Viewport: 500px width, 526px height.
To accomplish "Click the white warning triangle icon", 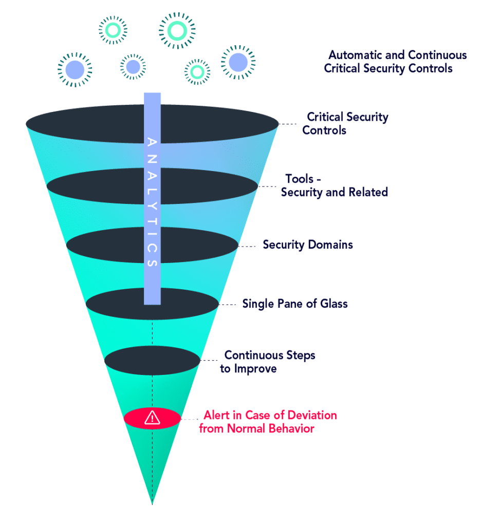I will (x=152, y=418).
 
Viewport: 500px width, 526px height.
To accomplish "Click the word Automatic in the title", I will (x=355, y=55).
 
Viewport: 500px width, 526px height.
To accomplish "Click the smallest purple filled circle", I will (x=133, y=67).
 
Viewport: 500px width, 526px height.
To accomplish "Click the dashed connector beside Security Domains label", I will (x=248, y=247).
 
